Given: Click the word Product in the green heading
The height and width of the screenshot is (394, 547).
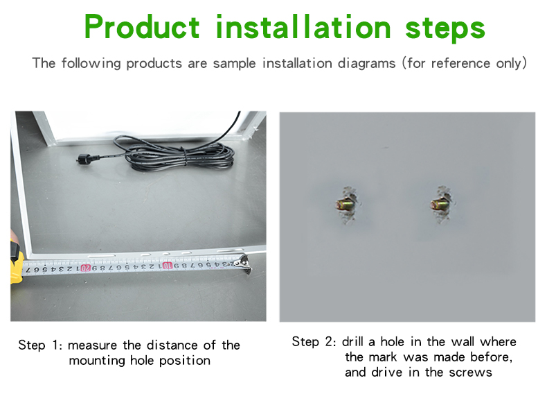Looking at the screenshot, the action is tap(142, 26).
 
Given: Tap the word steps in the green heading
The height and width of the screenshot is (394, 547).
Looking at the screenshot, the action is tap(445, 28).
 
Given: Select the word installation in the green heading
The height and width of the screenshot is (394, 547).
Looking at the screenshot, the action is tap(303, 26).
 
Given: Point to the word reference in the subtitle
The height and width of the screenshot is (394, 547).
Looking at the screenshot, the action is tap(460, 63).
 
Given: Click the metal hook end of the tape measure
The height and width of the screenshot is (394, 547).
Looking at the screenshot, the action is tap(244, 264).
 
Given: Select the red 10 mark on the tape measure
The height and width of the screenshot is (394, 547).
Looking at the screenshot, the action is tap(168, 266).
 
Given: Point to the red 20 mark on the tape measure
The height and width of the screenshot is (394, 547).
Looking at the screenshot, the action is tap(85, 268).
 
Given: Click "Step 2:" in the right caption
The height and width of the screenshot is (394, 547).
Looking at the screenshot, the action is tap(314, 341).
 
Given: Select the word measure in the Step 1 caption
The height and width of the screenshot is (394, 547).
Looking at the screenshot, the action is tap(93, 345).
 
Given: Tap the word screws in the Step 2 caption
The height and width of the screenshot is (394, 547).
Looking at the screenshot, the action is tap(470, 372).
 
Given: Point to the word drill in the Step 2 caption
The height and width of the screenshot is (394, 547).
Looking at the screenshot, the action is tap(352, 341).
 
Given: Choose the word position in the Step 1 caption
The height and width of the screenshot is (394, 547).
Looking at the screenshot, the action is tap(185, 361).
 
